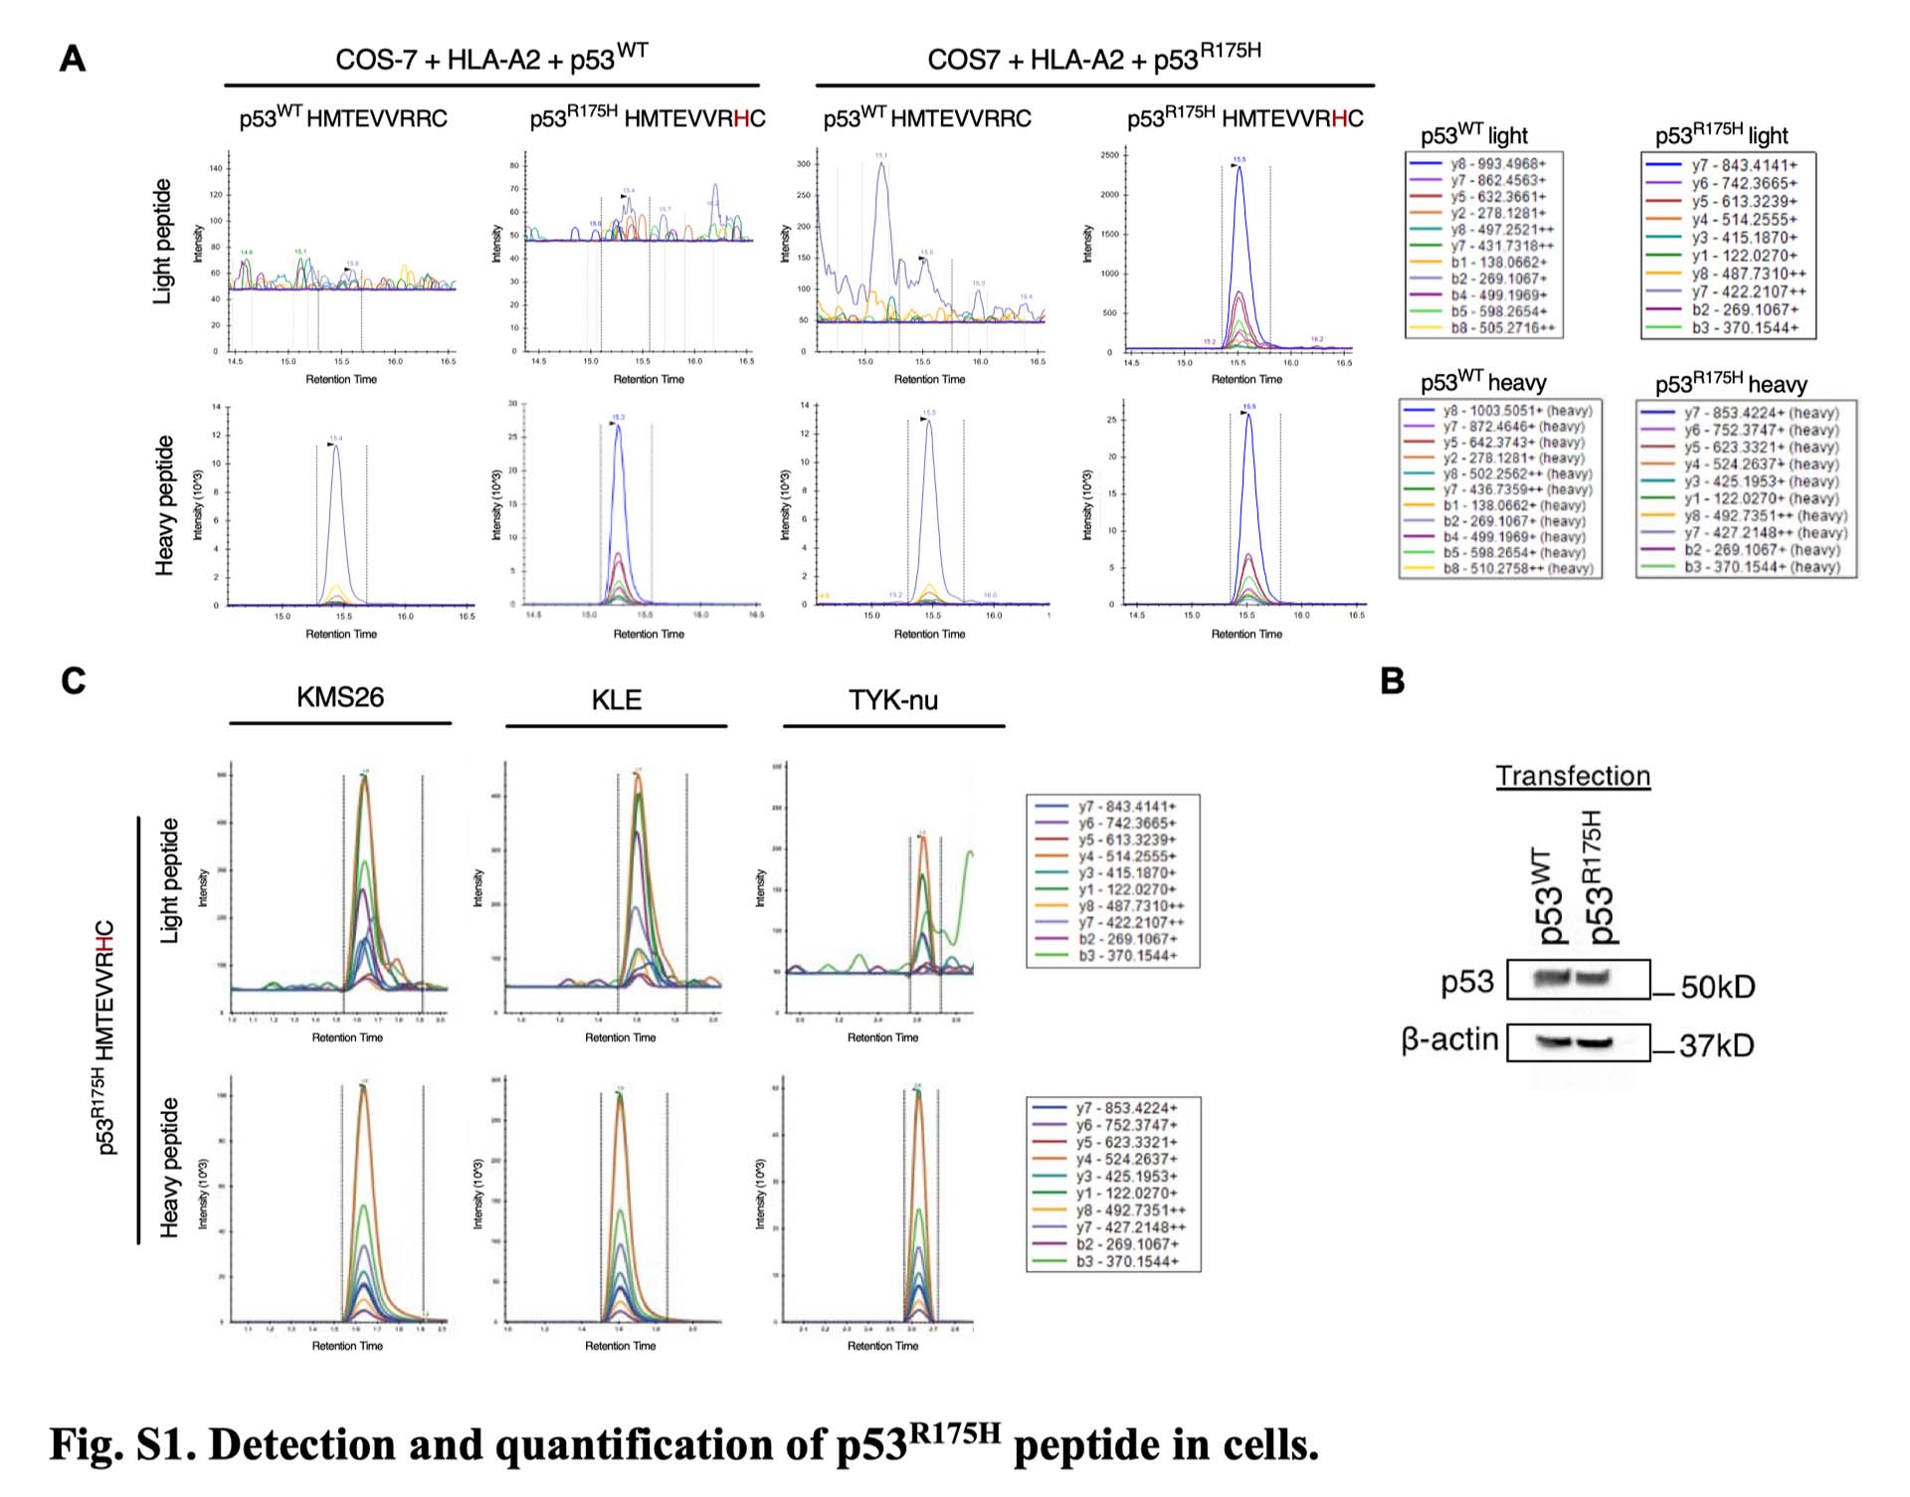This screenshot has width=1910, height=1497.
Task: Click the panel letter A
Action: pyautogui.click(x=73, y=59)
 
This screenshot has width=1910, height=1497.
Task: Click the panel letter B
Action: pyautogui.click(x=1393, y=681)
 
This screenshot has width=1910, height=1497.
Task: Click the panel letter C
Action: pyautogui.click(x=73, y=681)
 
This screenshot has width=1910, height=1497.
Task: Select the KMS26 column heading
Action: pyautogui.click(x=339, y=697)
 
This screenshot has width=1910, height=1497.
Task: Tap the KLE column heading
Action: pyautogui.click(x=616, y=700)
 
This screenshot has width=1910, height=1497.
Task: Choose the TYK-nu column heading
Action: pyautogui.click(x=892, y=700)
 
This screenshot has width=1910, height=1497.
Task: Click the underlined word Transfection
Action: pyautogui.click(x=1573, y=776)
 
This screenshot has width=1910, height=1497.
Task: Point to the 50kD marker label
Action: pyautogui.click(x=1718, y=987)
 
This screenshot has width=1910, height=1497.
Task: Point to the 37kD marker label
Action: pyautogui.click(x=1716, y=1045)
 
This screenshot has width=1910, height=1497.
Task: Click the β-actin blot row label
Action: pyautogui.click(x=1449, y=1039)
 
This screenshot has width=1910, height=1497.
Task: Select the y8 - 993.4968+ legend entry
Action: pyautogui.click(x=1498, y=164)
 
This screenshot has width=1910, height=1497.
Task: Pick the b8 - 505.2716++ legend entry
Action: pyautogui.click(x=1502, y=328)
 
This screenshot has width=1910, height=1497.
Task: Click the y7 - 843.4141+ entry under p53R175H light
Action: pyautogui.click(x=1744, y=165)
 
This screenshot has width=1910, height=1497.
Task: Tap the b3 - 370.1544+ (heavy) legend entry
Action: pyautogui.click(x=1761, y=567)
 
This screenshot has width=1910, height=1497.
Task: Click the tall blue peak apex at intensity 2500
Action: pyautogui.click(x=1239, y=167)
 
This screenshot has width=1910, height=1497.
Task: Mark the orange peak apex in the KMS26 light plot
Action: pyautogui.click(x=364, y=777)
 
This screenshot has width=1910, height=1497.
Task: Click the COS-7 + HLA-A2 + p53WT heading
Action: pyautogui.click(x=491, y=60)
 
